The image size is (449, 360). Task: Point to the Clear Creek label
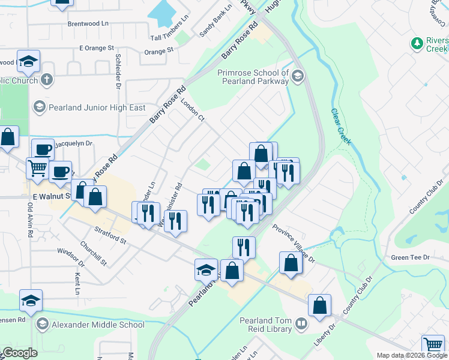[x=340, y=127]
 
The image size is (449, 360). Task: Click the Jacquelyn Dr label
[x=73, y=143]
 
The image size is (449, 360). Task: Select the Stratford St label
[x=110, y=235]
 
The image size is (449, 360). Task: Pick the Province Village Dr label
[x=294, y=244]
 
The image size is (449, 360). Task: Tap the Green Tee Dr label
[x=411, y=257]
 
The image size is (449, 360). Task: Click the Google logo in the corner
[x=19, y=353]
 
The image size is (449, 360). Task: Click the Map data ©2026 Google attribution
[x=412, y=355]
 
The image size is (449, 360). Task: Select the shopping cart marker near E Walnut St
[x=37, y=169]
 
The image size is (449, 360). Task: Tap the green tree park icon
[x=416, y=43]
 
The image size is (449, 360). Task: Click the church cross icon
[x=47, y=79]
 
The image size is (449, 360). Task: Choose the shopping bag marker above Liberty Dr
[x=320, y=305]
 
